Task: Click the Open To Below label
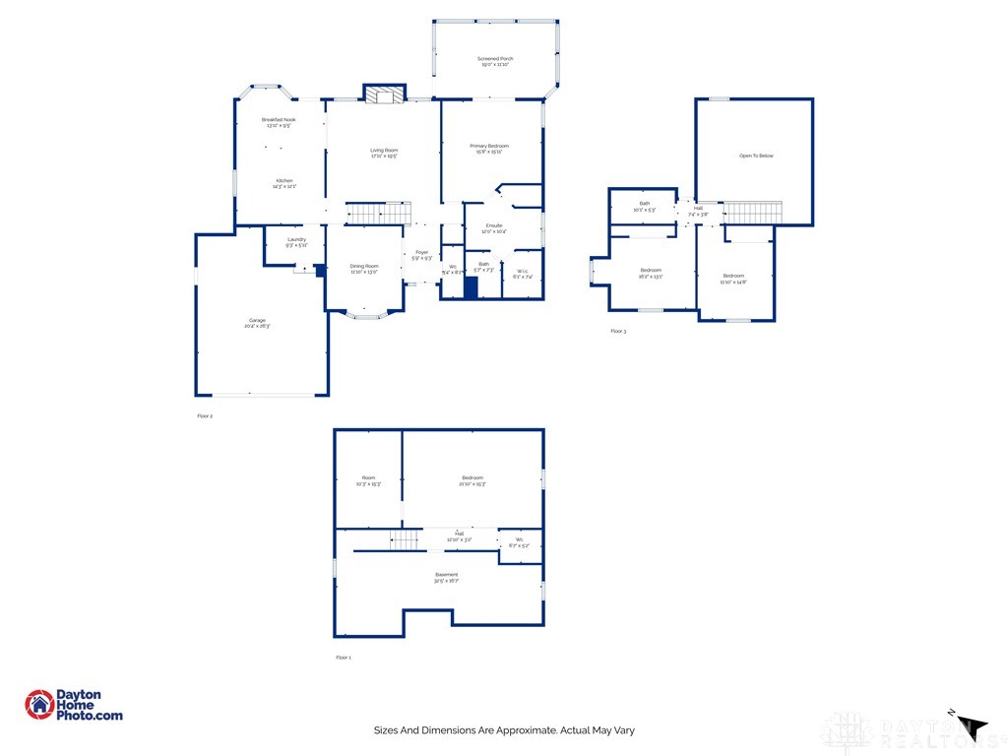pyautogui.click(x=756, y=156)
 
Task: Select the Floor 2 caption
pyautogui.click(x=205, y=416)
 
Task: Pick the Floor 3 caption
pyautogui.click(x=618, y=332)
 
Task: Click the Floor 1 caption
pyautogui.click(x=343, y=658)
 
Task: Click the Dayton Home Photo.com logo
pyautogui.click(x=74, y=705)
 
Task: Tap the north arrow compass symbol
pyautogui.click(x=969, y=725)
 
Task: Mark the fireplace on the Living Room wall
pyautogui.click(x=384, y=94)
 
